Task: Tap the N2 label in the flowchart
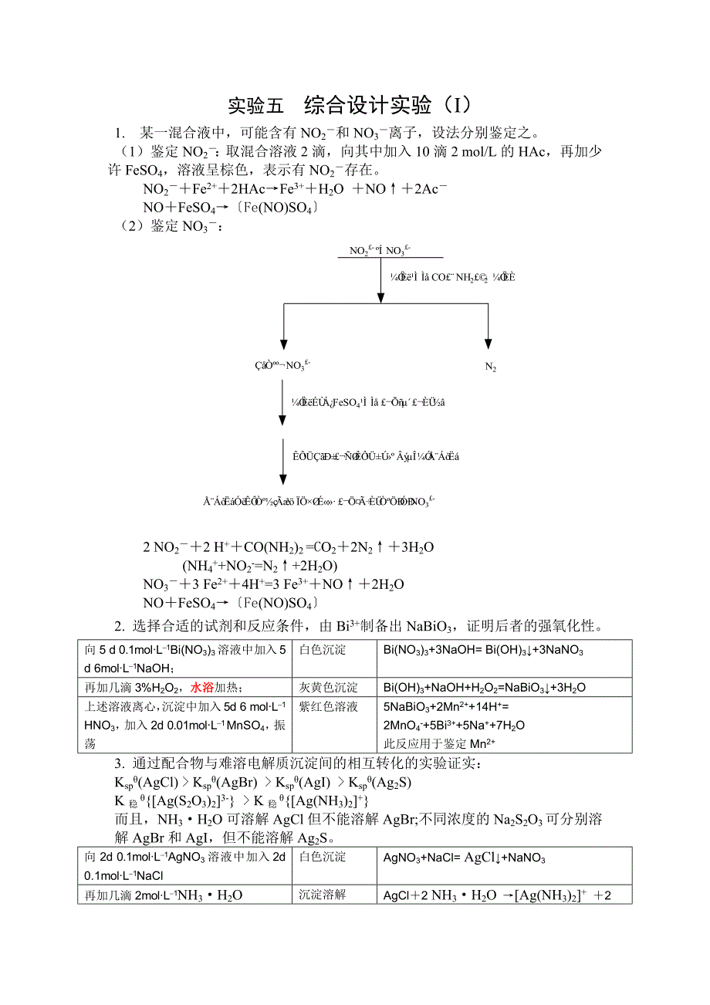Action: pyautogui.click(x=490, y=367)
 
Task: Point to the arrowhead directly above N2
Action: pyautogui.click(x=489, y=345)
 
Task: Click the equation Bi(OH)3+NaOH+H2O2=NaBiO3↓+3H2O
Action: pyautogui.click(x=484, y=687)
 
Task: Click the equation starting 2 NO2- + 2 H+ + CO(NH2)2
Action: pyautogui.click(x=289, y=547)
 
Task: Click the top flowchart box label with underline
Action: pyautogui.click(x=380, y=250)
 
